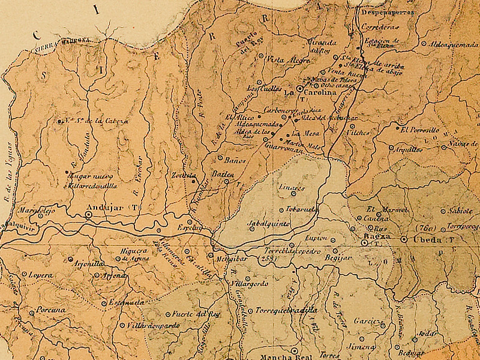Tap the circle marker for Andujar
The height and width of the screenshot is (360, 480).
(89, 214)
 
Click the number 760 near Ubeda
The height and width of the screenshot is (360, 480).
(424, 229)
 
